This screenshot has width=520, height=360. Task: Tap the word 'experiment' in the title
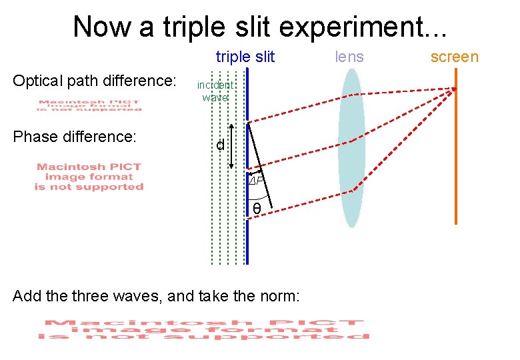(x=352, y=27)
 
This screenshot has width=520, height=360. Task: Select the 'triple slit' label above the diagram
(x=245, y=57)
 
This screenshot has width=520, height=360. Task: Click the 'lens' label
(x=349, y=57)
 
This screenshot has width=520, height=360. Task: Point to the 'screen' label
(x=454, y=57)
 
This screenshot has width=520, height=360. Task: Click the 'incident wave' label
(x=215, y=91)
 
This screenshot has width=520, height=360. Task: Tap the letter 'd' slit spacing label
(x=219, y=145)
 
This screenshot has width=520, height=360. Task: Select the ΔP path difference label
(x=257, y=181)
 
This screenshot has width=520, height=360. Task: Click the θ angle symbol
(x=257, y=210)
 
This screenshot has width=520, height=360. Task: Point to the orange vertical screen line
(x=456, y=160)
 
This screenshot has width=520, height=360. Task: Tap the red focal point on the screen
(x=455, y=89)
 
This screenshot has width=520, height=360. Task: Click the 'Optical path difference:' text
(x=94, y=81)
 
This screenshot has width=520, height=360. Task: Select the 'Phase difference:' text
(x=75, y=137)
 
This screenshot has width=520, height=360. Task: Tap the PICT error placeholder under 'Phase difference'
(x=89, y=177)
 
